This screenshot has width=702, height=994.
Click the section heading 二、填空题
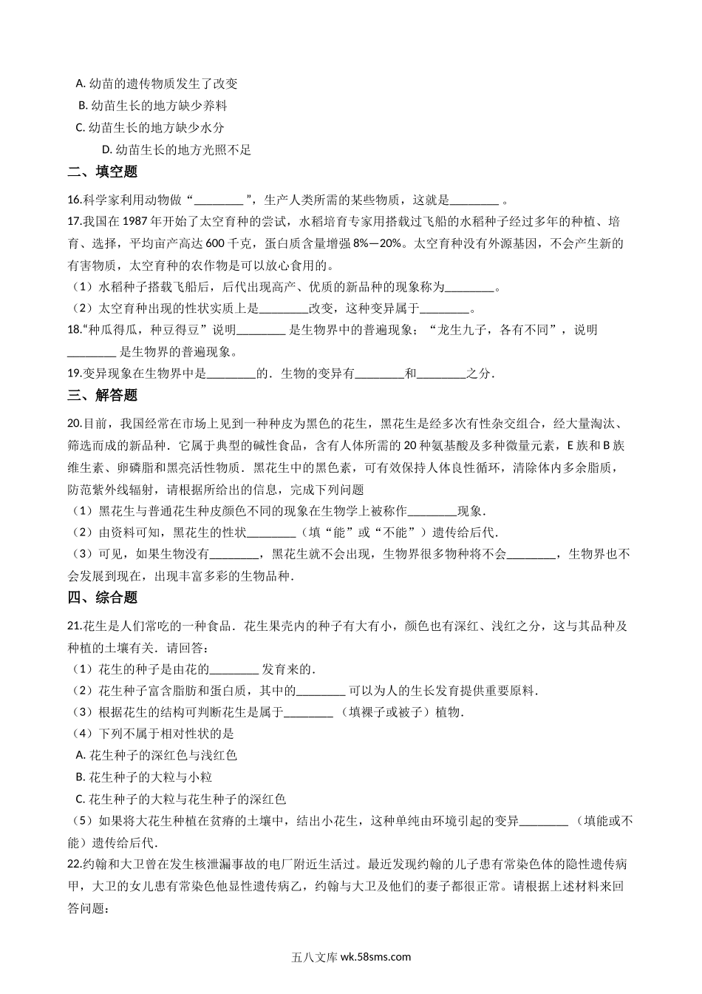coord(103,172)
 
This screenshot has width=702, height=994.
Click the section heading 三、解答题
coord(103,395)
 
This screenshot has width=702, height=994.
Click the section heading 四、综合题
coord(103,597)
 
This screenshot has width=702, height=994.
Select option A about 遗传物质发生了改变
coord(156,84)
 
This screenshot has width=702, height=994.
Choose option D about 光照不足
coord(177,150)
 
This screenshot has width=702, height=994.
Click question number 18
coord(73,330)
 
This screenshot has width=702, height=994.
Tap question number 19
coord(73,374)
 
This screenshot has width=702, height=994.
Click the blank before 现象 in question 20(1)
coord(432,511)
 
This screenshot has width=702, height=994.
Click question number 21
coord(73,626)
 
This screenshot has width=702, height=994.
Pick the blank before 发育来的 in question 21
coord(235,670)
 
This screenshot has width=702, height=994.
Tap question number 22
coord(73,864)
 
